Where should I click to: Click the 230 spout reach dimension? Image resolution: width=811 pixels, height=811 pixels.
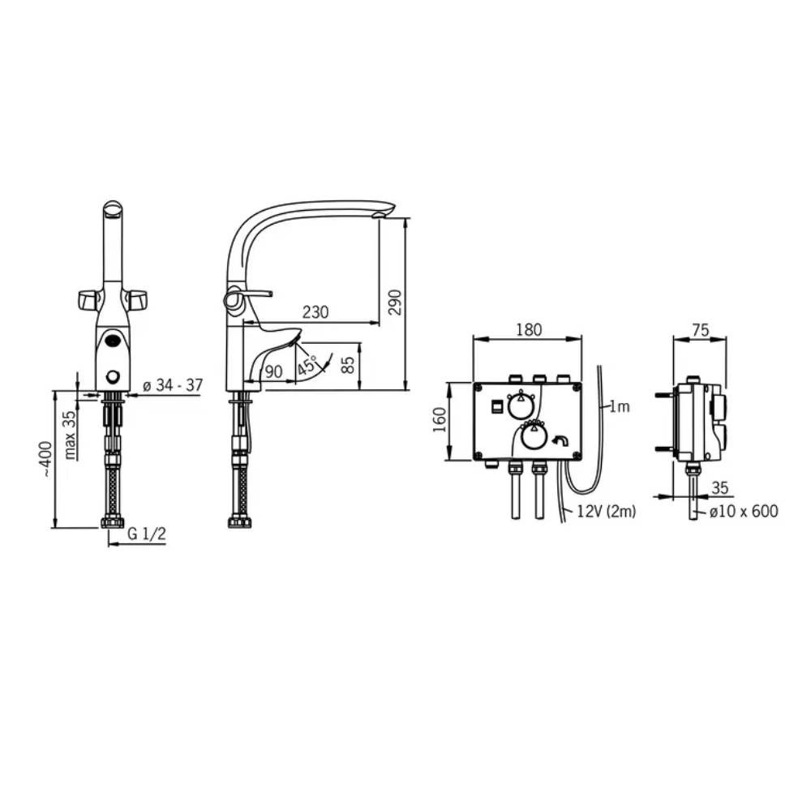(315, 312)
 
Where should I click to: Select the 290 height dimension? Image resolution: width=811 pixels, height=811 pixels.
(395, 302)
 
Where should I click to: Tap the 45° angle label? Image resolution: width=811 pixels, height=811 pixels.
(307, 366)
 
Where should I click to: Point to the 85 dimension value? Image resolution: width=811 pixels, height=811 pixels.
(350, 364)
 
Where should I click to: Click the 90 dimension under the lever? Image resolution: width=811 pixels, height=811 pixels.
(273, 371)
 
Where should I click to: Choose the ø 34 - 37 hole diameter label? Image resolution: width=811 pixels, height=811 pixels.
(173, 385)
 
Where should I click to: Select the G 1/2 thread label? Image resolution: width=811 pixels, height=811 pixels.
(147, 534)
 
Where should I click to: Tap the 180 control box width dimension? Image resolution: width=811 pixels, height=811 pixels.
(529, 329)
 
